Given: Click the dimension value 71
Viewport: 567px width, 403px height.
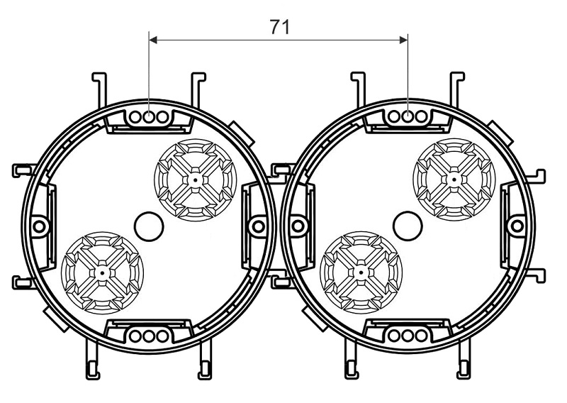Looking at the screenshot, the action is (279, 27).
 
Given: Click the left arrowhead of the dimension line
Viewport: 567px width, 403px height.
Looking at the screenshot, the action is (153, 40).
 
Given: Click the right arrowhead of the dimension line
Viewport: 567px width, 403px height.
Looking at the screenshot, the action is (403, 40).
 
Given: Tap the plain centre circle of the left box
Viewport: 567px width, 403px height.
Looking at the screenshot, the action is (149, 226).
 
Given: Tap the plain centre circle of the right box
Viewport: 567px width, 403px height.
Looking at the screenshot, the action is (408, 226).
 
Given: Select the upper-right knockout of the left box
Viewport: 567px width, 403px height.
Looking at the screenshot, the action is (196, 180).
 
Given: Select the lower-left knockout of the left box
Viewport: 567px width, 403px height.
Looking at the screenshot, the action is (103, 272).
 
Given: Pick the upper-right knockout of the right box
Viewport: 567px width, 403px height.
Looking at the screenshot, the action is (454, 180).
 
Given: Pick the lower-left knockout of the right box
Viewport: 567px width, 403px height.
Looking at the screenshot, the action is (361, 272).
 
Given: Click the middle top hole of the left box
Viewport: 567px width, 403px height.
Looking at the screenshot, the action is (149, 117).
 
